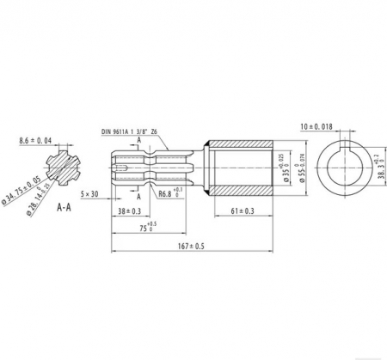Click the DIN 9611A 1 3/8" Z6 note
coord(129,131)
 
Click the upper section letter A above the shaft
coord(138,140)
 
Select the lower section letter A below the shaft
coord(138,195)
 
